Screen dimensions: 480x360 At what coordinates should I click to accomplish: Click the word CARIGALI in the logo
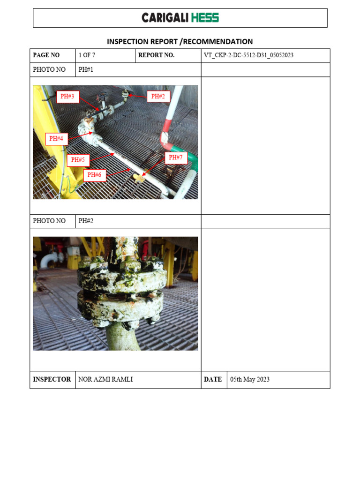165,18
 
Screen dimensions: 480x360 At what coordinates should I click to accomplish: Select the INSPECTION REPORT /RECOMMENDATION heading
180,42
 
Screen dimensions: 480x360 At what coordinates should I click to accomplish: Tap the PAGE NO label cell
46,55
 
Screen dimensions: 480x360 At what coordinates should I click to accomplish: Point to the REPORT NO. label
156,55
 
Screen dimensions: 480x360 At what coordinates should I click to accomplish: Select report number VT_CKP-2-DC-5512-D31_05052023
248,55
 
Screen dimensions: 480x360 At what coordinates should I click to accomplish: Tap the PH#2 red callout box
158,97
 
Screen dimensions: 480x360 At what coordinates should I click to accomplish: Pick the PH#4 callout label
56,138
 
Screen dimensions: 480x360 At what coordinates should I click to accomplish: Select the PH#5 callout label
78,160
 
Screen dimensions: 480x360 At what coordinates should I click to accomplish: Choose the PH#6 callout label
94,175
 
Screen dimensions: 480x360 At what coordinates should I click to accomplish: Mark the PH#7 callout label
176,157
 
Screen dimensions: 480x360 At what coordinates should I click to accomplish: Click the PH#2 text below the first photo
86,221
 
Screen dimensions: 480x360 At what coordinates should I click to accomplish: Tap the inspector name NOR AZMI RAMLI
106,380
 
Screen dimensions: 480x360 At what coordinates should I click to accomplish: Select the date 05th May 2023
249,380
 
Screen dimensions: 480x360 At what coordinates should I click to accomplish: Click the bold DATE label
213,380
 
